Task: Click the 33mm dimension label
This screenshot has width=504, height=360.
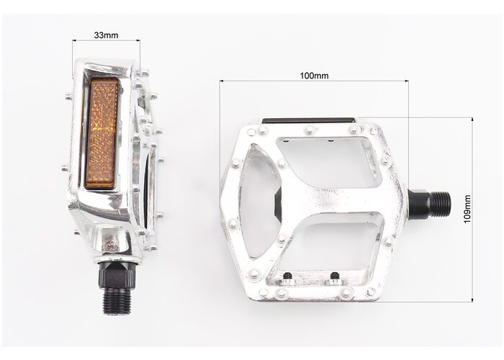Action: pyautogui.click(x=106, y=35)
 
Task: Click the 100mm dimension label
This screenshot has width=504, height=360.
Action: pyautogui.click(x=314, y=76)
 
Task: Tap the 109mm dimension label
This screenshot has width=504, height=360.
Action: pyautogui.click(x=467, y=209)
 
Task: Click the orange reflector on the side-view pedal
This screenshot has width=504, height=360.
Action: pyautogui.click(x=102, y=135)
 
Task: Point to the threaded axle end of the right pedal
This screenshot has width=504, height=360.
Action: pyautogui.click(x=441, y=203)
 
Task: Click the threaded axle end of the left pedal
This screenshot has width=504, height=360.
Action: pyautogui.click(x=117, y=301)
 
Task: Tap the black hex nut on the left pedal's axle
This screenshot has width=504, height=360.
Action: pyautogui.click(x=117, y=275)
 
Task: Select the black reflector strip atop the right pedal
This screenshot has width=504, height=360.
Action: pyautogui.click(x=309, y=120)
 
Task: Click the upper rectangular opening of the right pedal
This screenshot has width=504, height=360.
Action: pyautogui.click(x=325, y=162)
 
